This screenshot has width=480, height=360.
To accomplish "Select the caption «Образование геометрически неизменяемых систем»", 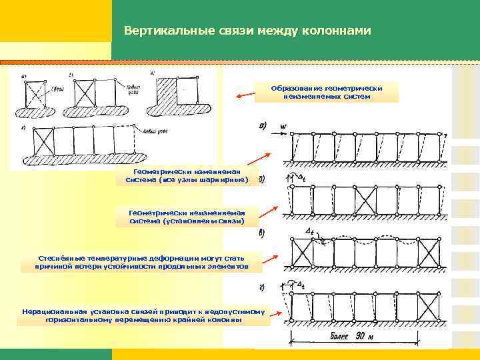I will coord(326,92).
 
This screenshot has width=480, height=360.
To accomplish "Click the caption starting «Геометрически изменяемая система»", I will coord(191,175).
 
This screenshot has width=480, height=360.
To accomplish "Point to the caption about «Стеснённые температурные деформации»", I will coord(143,261).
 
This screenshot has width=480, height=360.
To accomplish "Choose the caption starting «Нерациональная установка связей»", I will coord(144,315).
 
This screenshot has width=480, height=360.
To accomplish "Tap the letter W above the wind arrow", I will coord(283,125).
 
